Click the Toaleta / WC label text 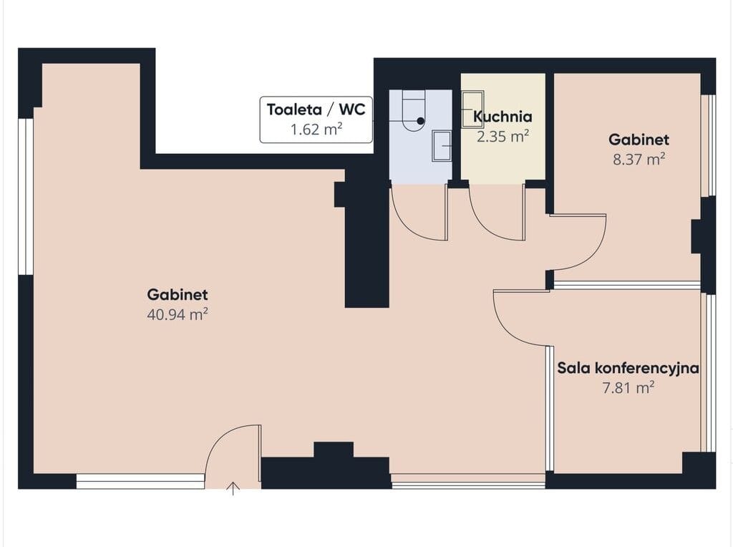[x=316, y=110]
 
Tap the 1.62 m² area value [x=316, y=129]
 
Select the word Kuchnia [x=503, y=117]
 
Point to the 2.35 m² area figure [x=503, y=137]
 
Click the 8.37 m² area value [x=639, y=160]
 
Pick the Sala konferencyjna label [x=628, y=368]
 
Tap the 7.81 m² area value [x=628, y=388]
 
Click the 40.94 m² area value [x=178, y=314]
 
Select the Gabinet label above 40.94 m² [x=178, y=294]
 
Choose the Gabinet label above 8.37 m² [x=639, y=140]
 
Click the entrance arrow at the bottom [x=233, y=488]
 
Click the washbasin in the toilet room [x=442, y=146]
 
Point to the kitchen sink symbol [x=472, y=110]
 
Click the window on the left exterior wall [x=26, y=197]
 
